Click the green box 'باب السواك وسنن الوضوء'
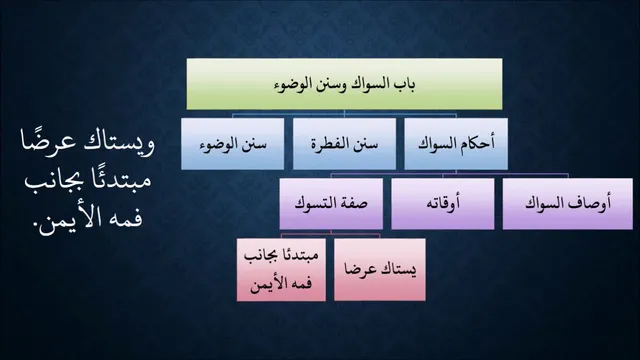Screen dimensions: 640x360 (344, 84)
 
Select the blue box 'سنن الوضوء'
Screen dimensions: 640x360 (233, 144)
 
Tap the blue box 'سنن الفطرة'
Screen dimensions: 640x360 (344, 144)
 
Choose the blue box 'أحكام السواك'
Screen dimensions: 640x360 (456, 144)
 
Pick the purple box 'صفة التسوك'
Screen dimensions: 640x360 (331, 204)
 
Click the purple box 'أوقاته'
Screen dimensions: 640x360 (443, 204)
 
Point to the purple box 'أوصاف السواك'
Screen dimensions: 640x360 (568, 204)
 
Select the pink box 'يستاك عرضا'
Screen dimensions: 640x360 (380, 270)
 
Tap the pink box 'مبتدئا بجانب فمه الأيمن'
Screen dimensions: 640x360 (281, 270)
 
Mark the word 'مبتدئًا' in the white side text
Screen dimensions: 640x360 (123, 180)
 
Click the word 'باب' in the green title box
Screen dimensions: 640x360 (405, 85)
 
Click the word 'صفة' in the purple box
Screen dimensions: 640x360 (356, 203)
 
